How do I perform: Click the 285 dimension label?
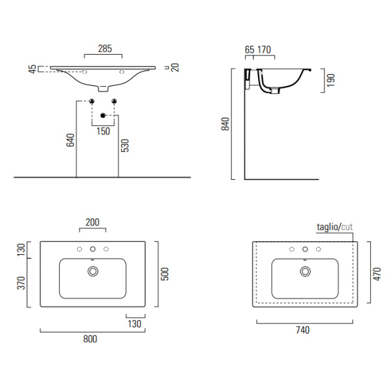point(105,48)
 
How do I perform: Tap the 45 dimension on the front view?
point(33,69)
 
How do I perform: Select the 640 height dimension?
point(70,140)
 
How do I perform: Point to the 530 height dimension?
point(124,145)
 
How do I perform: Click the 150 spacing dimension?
point(103,131)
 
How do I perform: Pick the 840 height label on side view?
point(225,124)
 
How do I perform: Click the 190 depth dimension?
point(330,80)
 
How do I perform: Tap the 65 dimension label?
point(250,50)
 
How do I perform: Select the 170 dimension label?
point(264,50)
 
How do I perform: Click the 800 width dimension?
point(90,339)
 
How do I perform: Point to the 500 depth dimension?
point(165,274)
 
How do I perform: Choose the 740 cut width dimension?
point(302,330)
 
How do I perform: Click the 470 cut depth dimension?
point(377,274)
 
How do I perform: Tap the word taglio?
point(327,227)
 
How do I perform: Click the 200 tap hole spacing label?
point(93,222)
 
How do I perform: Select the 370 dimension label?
point(22,283)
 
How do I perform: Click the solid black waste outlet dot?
point(103,115)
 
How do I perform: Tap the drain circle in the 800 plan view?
point(93,271)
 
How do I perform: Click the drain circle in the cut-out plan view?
point(305,271)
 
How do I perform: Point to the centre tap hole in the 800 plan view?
point(93,249)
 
